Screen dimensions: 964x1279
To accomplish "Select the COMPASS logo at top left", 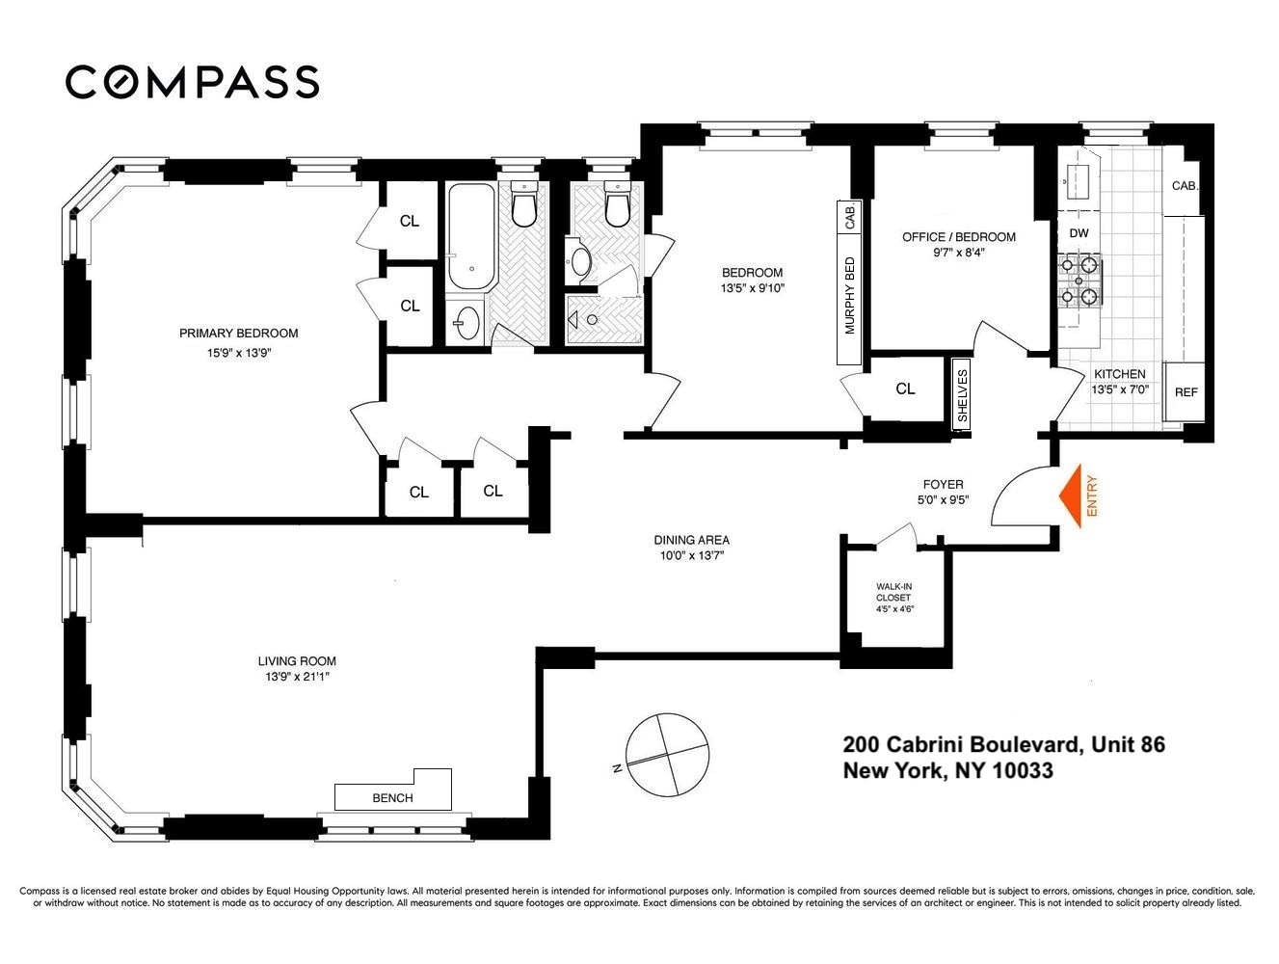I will coord(192,82).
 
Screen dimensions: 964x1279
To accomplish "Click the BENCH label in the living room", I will coord(392,797).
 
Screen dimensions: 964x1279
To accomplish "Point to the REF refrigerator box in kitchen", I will coord(1186,392).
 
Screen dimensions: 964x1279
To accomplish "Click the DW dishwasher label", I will coord(1079,233).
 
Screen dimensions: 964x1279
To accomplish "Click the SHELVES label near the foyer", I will coord(961,392).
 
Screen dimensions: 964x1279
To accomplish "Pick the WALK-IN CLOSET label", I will coord(893,598).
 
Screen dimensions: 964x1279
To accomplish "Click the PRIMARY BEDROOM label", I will coord(238,334).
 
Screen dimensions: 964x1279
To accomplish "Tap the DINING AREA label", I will coord(691,540).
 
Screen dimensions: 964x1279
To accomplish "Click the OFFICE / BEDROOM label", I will coord(958,237).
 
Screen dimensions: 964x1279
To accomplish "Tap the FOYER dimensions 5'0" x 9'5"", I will coord(943,500).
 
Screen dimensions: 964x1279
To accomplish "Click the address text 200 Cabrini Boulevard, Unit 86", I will coord(1003,744).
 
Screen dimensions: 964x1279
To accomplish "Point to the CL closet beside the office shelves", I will coord(904,389).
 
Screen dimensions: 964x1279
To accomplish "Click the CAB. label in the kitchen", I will coord(1185,186).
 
